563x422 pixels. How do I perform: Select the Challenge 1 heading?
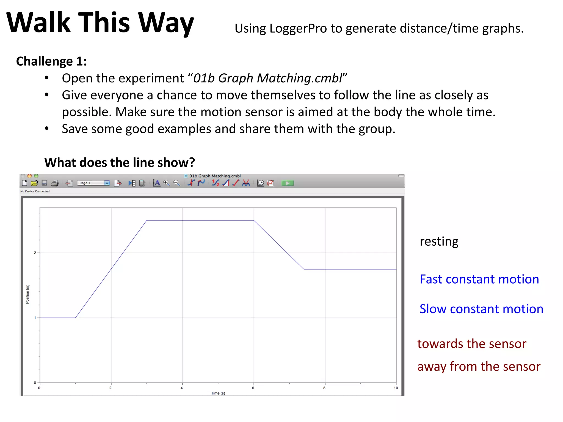[51, 61]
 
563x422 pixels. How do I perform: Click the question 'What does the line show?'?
[120, 162]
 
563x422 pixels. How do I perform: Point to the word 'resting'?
[439, 241]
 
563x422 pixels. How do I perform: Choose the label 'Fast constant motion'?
[479, 279]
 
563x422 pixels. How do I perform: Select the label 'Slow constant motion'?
[481, 309]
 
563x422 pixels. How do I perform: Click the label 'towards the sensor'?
[472, 344]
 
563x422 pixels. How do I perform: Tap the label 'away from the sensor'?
[479, 367]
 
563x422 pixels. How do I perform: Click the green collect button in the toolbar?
[288, 183]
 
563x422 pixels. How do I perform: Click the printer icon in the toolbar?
[55, 183]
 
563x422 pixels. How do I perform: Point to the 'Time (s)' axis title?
[218, 393]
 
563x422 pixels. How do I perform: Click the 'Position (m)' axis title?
[27, 294]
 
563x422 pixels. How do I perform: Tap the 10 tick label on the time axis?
[396, 388]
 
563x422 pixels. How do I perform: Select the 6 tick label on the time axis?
[253, 388]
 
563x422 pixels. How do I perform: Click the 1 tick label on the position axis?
[35, 318]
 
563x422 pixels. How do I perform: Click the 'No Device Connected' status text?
[35, 191]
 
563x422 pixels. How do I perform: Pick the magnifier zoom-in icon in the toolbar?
[166, 183]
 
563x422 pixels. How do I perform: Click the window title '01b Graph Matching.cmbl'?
[215, 176]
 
